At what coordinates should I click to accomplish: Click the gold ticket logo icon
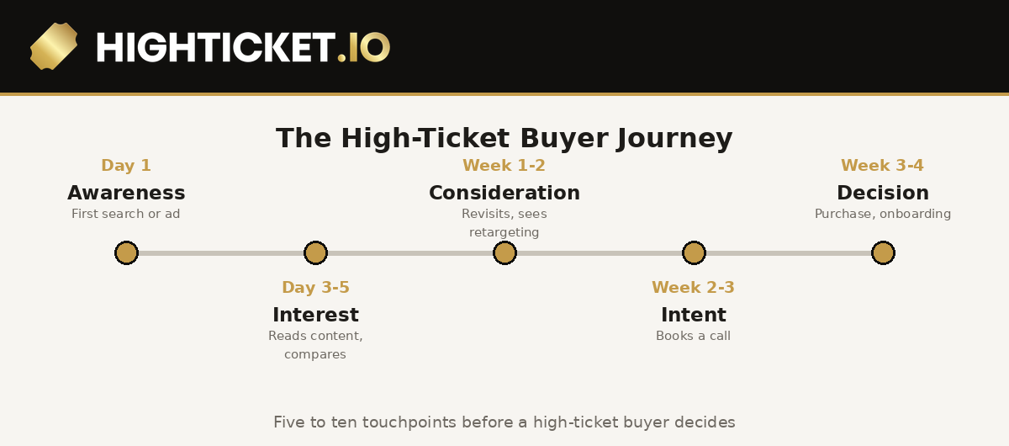[54, 46]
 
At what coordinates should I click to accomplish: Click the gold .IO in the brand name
[363, 47]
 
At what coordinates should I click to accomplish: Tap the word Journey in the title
[674, 139]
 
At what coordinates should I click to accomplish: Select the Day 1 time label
[126, 166]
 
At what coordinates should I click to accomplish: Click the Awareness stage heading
[126, 193]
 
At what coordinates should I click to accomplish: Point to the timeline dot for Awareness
[127, 253]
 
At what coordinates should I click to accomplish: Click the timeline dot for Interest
[316, 253]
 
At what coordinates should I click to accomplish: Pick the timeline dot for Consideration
[505, 253]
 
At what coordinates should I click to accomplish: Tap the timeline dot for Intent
[695, 253]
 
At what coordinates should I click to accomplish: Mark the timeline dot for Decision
[884, 253]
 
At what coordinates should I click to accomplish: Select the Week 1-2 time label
[504, 166]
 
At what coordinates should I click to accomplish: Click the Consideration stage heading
[504, 193]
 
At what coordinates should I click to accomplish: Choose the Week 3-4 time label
[882, 166]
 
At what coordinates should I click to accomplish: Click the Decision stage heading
[883, 193]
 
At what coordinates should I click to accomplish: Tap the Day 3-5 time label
[316, 288]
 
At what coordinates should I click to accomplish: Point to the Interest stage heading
[316, 315]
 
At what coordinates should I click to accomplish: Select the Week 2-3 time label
[693, 288]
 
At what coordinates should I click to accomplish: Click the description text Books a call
[693, 336]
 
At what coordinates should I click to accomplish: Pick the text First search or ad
[125, 214]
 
